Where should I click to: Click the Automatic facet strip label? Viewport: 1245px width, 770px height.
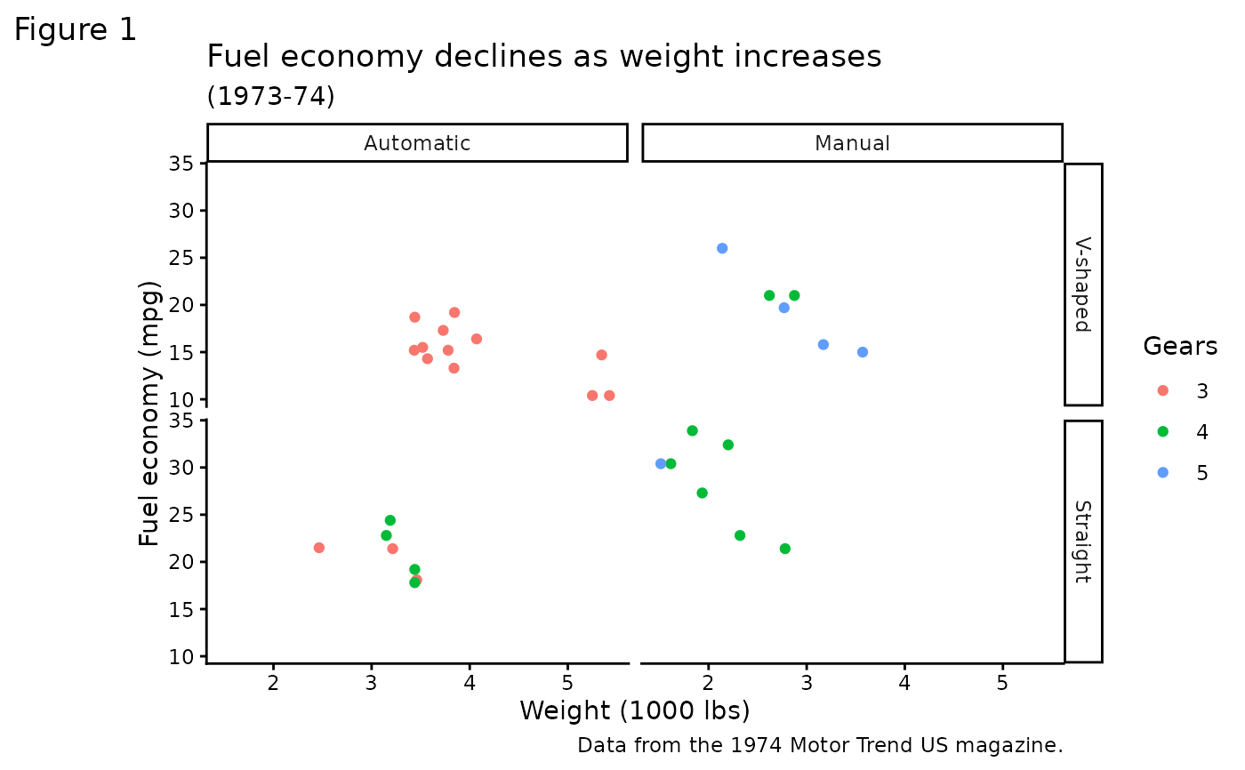point(417,143)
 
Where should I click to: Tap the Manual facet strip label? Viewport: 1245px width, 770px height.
point(852,143)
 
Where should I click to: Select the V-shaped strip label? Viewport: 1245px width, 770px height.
point(1082,284)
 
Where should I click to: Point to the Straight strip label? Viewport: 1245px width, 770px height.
point(1082,541)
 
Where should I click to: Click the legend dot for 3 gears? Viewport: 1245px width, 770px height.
point(1162,390)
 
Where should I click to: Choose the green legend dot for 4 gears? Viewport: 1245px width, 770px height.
point(1162,431)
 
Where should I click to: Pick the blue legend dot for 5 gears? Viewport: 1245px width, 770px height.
point(1162,472)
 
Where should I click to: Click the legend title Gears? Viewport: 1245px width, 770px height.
point(1180,346)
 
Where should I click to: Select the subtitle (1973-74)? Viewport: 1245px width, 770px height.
point(270,96)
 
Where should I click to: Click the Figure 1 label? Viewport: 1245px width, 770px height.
point(76,30)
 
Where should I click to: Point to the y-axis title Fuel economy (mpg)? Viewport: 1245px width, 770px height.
point(150,413)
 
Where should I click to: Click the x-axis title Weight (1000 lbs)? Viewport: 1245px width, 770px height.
point(634,710)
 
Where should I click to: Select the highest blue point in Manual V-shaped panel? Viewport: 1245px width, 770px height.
point(722,248)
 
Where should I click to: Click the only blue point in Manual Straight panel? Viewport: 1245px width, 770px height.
point(661,464)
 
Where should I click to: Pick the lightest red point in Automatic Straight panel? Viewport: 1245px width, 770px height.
point(319,548)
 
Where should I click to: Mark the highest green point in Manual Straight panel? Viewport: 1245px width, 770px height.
point(692,430)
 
